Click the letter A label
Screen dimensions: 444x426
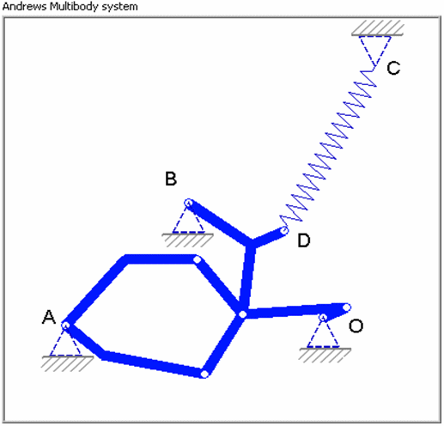[49, 317]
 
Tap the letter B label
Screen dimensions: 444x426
[171, 179]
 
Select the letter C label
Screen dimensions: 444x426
[393, 68]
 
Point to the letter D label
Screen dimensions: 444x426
[304, 240]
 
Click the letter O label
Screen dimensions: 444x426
[356, 326]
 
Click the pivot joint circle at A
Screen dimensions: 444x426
[65, 326]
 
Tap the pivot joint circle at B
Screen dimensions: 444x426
[188, 203]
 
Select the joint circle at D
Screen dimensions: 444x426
[284, 230]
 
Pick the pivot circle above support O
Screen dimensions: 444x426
[323, 317]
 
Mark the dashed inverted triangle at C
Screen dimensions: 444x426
[375, 51]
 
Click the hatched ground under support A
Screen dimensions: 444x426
[67, 363]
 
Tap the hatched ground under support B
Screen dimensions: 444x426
[187, 240]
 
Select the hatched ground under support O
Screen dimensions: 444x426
[325, 356]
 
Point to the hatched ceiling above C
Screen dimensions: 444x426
[378, 28]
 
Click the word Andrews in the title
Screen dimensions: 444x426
[24, 6]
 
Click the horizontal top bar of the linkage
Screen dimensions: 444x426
[161, 259]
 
